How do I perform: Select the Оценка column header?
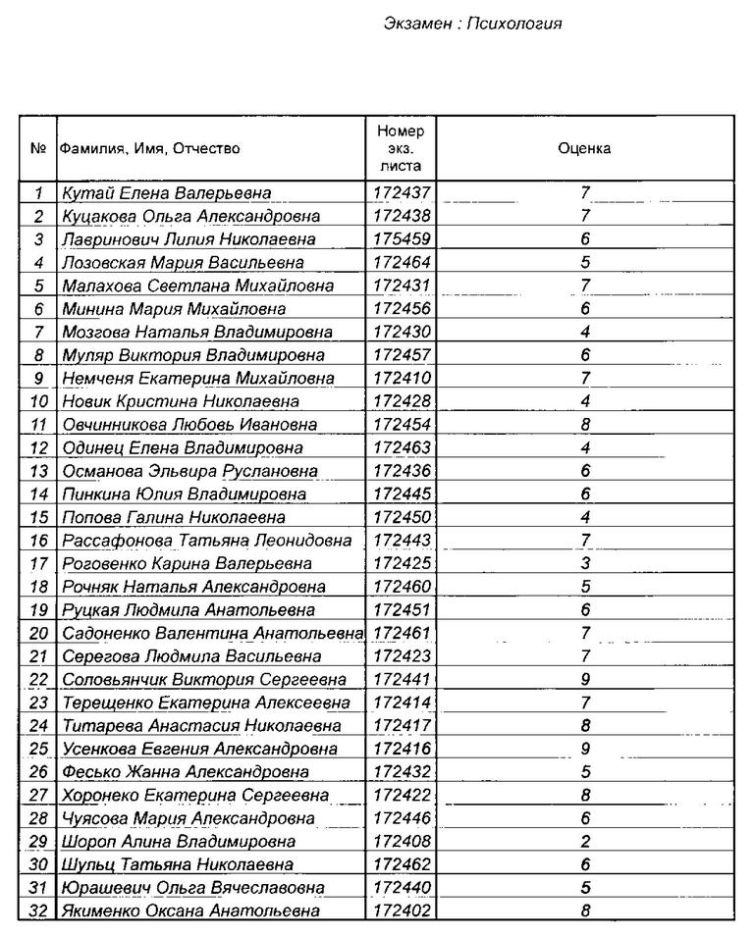pyautogui.click(x=584, y=149)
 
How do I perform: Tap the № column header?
pyautogui.click(x=38, y=149)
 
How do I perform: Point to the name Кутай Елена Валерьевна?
pyautogui.click(x=166, y=193)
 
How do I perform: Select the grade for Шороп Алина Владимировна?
pyautogui.click(x=584, y=842)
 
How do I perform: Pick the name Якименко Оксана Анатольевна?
pyautogui.click(x=190, y=911)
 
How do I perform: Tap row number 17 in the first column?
pyautogui.click(x=39, y=564)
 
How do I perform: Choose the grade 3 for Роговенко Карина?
pyautogui.click(x=584, y=564)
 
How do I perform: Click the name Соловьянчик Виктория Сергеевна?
pyautogui.click(x=203, y=680)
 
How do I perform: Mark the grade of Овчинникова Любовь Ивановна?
pyautogui.click(x=584, y=425)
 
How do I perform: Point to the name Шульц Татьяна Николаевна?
pyautogui.click(x=178, y=865)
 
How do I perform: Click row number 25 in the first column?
pyautogui.click(x=39, y=750)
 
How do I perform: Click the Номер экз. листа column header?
pyautogui.click(x=400, y=149)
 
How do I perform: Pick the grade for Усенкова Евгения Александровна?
pyautogui.click(x=584, y=750)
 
